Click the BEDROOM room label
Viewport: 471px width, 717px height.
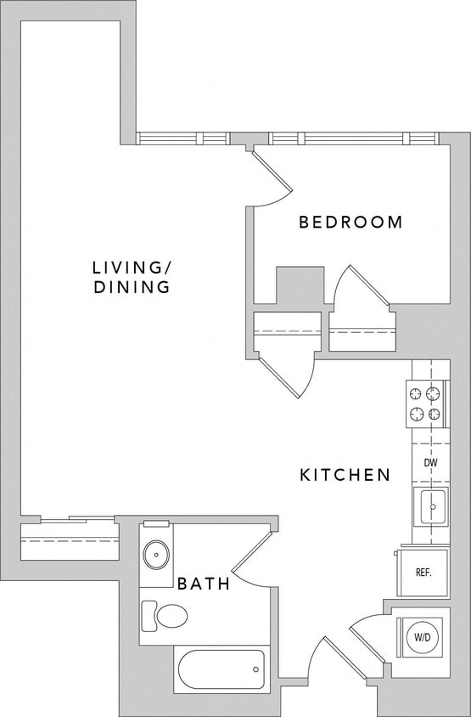click(350, 223)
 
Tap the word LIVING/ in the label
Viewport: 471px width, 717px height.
click(131, 268)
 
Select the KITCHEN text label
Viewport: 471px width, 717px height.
click(345, 475)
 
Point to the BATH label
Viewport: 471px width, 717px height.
click(204, 584)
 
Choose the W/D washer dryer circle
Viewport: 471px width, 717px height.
click(422, 635)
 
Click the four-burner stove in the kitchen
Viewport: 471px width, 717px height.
click(427, 404)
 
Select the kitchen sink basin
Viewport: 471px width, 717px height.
click(429, 508)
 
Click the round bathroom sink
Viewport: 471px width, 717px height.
click(156, 556)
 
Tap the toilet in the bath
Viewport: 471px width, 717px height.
click(166, 615)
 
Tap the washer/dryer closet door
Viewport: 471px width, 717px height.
click(367, 637)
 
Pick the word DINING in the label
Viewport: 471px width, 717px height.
click(132, 288)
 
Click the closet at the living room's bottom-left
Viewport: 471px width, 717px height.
click(67, 540)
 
